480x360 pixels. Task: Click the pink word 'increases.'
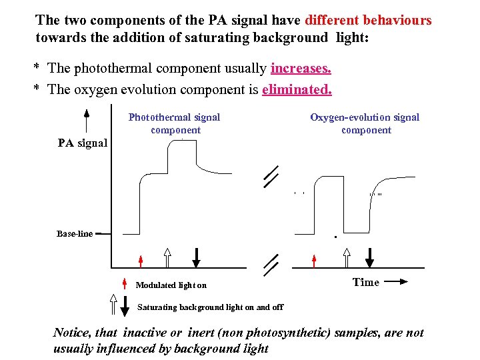tap(301, 68)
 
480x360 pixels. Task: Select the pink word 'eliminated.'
tap(297, 89)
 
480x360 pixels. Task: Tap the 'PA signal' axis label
tap(83, 142)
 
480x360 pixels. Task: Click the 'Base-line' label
tap(75, 234)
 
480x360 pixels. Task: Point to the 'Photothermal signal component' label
tap(175, 123)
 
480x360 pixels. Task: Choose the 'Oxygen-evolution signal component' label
tap(365, 123)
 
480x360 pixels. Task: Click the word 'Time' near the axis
tap(366, 282)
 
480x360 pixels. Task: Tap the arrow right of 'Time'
tap(395, 282)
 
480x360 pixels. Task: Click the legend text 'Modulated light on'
tap(171, 285)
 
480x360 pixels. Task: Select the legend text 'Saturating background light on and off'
tap(210, 307)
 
